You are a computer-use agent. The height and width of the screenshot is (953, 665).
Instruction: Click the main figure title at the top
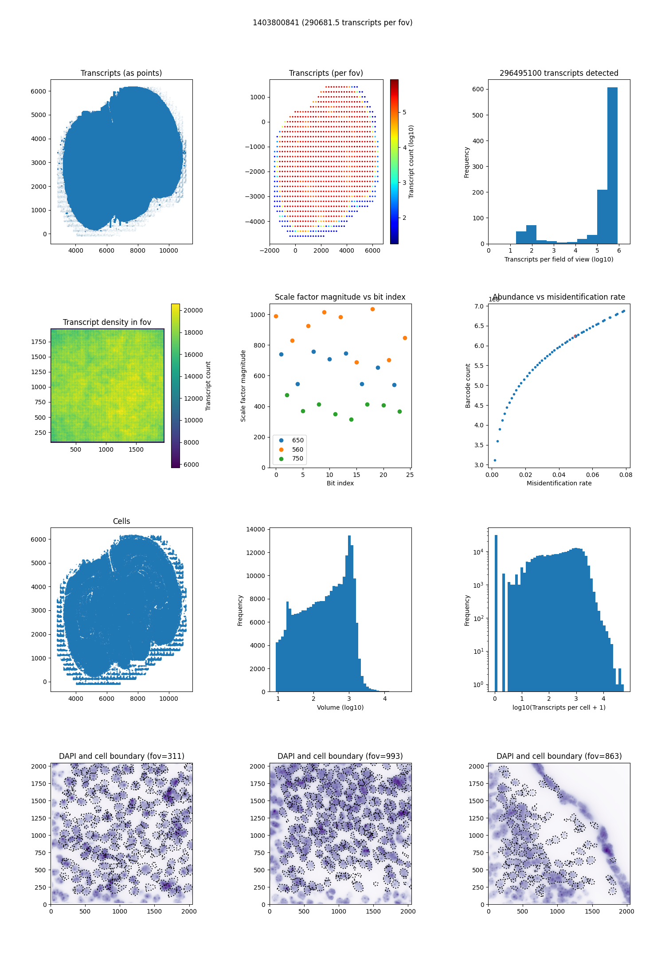pyautogui.click(x=332, y=23)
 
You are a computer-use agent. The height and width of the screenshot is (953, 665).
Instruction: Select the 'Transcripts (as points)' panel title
pyautogui.click(x=121, y=73)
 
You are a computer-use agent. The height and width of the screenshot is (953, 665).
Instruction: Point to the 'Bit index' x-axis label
pyautogui.click(x=340, y=483)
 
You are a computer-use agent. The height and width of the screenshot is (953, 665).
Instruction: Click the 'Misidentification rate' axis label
pyautogui.click(x=559, y=483)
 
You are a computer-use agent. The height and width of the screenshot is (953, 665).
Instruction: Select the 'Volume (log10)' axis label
pyautogui.click(x=340, y=707)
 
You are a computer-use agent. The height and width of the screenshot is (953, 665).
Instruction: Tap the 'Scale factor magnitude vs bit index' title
pyautogui.click(x=340, y=297)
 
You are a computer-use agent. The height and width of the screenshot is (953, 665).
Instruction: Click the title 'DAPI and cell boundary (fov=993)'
pyautogui.click(x=340, y=756)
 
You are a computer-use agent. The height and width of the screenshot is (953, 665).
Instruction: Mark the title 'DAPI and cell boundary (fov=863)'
pyautogui.click(x=559, y=756)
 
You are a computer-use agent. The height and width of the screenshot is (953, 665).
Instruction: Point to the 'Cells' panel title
pyautogui.click(x=121, y=521)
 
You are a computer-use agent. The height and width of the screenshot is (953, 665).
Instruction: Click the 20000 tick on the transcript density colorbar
pyautogui.click(x=193, y=310)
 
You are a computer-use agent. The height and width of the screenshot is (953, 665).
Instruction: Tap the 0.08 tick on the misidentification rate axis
pyautogui.click(x=626, y=475)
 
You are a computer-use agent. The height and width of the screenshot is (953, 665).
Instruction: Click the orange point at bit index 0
pyautogui.click(x=276, y=316)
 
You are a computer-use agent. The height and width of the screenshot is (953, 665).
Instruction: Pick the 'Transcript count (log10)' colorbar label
pyautogui.click(x=411, y=161)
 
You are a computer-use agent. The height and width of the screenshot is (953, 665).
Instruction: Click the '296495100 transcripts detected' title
pyautogui.click(x=559, y=73)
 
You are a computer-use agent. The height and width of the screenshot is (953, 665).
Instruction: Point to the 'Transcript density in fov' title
pyautogui.click(x=107, y=322)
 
